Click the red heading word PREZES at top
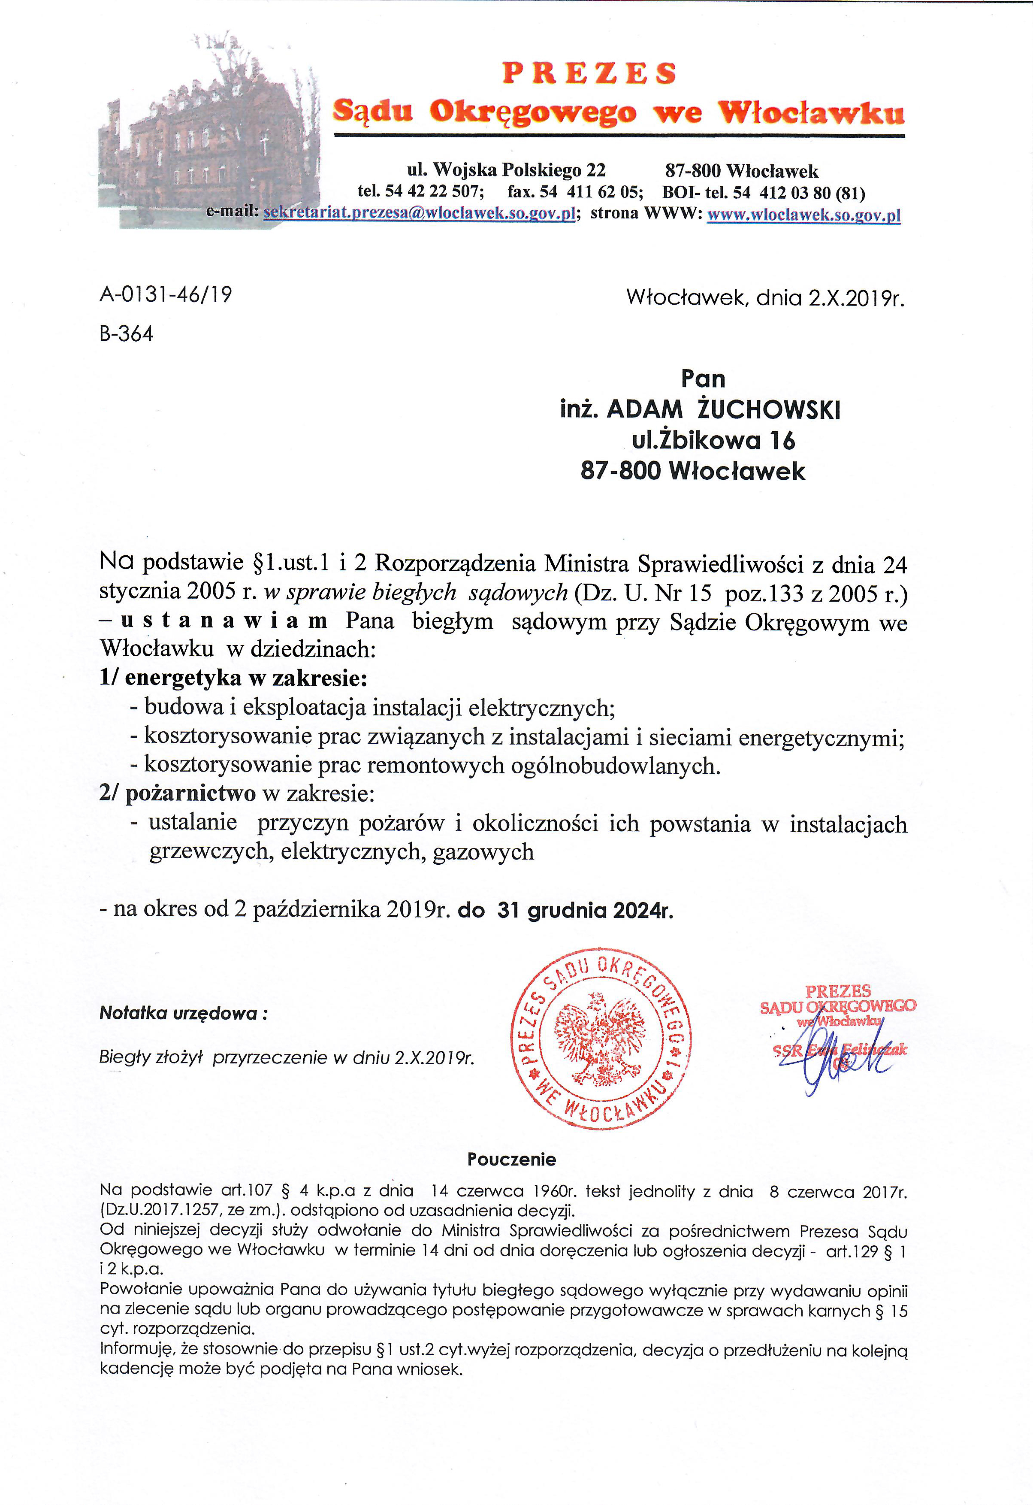click(x=589, y=73)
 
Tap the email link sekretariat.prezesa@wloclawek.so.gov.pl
click(x=420, y=214)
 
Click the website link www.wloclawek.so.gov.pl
click(x=803, y=215)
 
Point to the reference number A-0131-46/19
click(x=166, y=295)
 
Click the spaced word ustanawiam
click(x=224, y=621)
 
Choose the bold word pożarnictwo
click(x=190, y=794)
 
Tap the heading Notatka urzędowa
click(x=182, y=1014)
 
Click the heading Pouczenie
click(x=511, y=1159)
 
